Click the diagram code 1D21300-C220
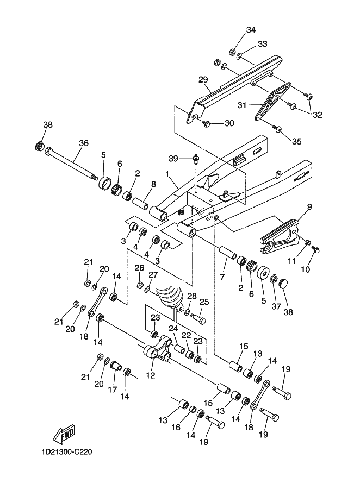(66, 451)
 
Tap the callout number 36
(84, 143)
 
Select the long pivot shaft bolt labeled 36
(71, 164)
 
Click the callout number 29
(203, 79)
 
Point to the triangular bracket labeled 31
(273, 101)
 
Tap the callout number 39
(173, 159)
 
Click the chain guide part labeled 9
(280, 236)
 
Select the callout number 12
(151, 375)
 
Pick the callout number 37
(276, 306)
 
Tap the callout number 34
(251, 30)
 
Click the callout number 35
(297, 141)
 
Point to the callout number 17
(113, 390)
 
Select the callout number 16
(176, 427)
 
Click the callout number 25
(204, 302)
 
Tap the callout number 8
(153, 184)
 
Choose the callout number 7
(222, 277)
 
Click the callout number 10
(306, 269)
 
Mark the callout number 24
(173, 328)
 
